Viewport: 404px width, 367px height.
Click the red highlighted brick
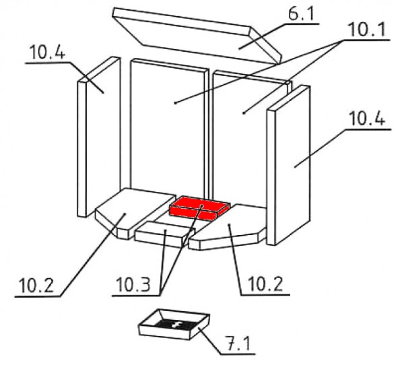(x=199, y=208)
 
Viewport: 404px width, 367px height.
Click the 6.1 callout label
(x=302, y=14)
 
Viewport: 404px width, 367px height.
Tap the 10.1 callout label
(x=367, y=29)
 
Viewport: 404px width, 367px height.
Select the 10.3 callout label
(x=133, y=285)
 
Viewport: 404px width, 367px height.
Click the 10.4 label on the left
(x=48, y=53)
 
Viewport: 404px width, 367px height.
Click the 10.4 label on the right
(x=367, y=119)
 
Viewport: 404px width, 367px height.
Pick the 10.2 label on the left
(x=36, y=286)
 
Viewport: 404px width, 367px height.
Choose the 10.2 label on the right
(x=265, y=283)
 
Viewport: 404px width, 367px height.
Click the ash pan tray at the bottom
(x=174, y=324)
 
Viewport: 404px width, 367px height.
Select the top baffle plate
(x=197, y=36)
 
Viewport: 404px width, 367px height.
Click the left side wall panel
(x=99, y=137)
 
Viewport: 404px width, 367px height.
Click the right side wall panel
(x=289, y=165)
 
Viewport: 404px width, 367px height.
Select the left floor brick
(x=134, y=213)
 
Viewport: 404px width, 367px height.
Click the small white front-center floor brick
(x=165, y=234)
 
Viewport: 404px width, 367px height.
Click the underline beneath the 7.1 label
(x=238, y=354)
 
